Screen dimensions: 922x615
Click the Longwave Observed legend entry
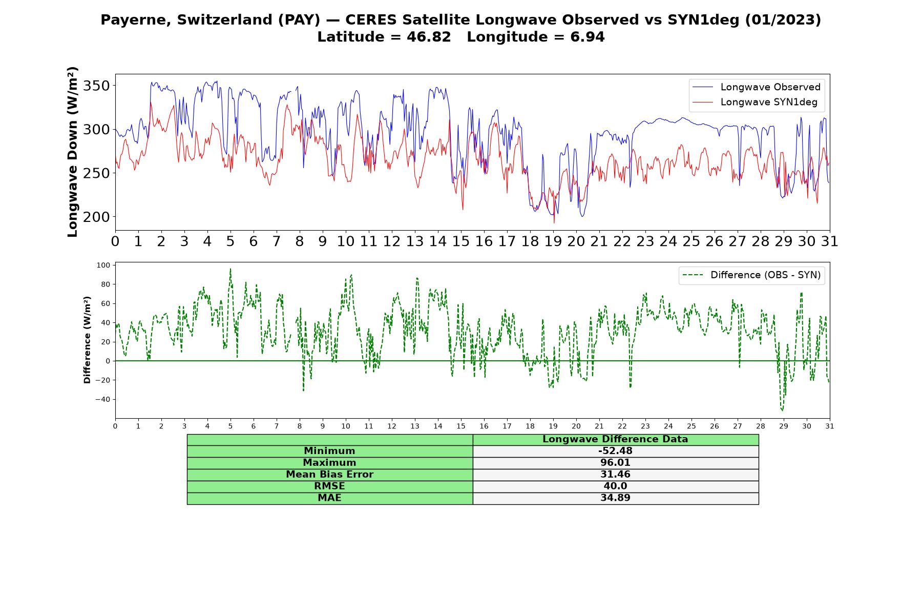tap(756, 87)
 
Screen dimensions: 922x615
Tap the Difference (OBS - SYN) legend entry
tap(751, 275)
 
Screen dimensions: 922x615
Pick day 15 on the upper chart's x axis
tap(460, 241)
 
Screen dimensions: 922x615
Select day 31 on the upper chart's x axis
tap(829, 241)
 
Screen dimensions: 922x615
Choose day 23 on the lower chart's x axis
tap(645, 426)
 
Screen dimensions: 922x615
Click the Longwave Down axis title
tap(73, 152)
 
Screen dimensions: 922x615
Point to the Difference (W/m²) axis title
tap(87, 340)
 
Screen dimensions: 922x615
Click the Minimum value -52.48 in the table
tap(615, 451)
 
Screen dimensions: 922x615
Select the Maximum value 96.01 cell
tap(615, 463)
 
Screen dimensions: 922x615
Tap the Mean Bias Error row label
tap(329, 475)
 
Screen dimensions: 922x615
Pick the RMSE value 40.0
tap(615, 486)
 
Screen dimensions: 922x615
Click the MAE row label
tap(329, 498)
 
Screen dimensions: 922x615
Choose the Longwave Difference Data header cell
tap(615, 439)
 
